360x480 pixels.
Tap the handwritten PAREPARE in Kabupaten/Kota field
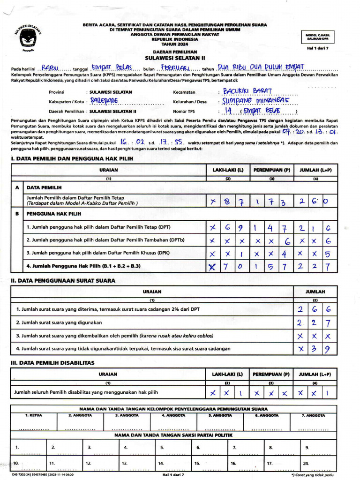[x=104, y=101]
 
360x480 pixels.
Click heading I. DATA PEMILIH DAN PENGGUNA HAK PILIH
[x=72, y=159]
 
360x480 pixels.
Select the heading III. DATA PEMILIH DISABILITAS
[x=52, y=362]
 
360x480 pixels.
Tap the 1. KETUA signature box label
[x=33, y=415]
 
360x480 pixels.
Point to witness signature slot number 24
[x=306, y=463]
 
